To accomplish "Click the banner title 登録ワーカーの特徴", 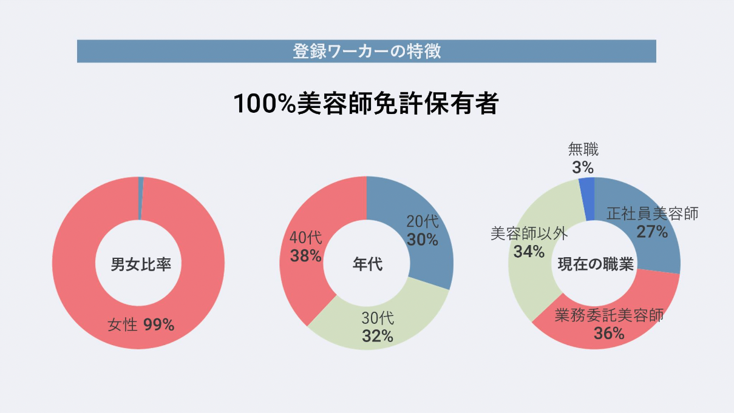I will (366, 51).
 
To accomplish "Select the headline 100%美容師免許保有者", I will (366, 104).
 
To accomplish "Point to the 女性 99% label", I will (141, 325).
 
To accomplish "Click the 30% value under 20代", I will (423, 240).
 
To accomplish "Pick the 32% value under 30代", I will (378, 335).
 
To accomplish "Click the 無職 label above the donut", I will (583, 149).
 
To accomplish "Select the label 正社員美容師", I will (653, 213).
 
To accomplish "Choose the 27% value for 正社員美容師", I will (652, 231).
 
